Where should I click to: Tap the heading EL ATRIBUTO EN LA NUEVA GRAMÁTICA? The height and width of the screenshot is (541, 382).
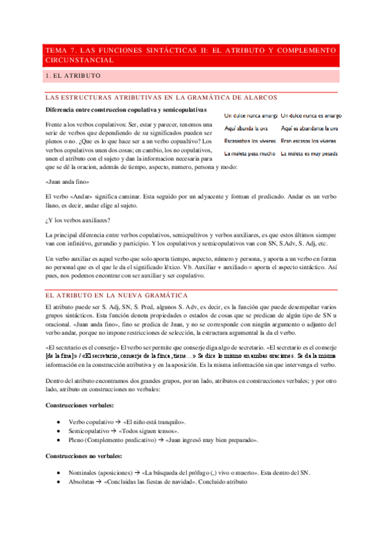point(115,295)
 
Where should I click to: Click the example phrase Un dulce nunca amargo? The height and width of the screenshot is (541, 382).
point(251,115)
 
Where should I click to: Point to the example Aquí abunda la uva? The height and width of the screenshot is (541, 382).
point(249,128)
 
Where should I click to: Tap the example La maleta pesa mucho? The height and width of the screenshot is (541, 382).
point(250,154)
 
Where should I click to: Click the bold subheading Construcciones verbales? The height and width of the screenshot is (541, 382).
point(80,405)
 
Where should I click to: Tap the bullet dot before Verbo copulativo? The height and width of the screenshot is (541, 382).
point(58,422)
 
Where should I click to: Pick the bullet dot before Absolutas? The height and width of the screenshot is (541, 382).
point(58,483)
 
